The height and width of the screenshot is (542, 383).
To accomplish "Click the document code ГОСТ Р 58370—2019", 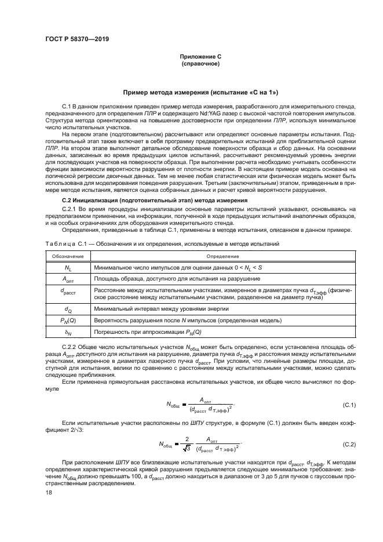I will pyautogui.click(x=73, y=39).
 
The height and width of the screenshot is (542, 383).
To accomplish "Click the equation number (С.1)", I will pyautogui.click(x=349, y=405).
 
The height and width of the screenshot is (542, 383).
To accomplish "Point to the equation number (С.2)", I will pyautogui.click(x=349, y=444).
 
